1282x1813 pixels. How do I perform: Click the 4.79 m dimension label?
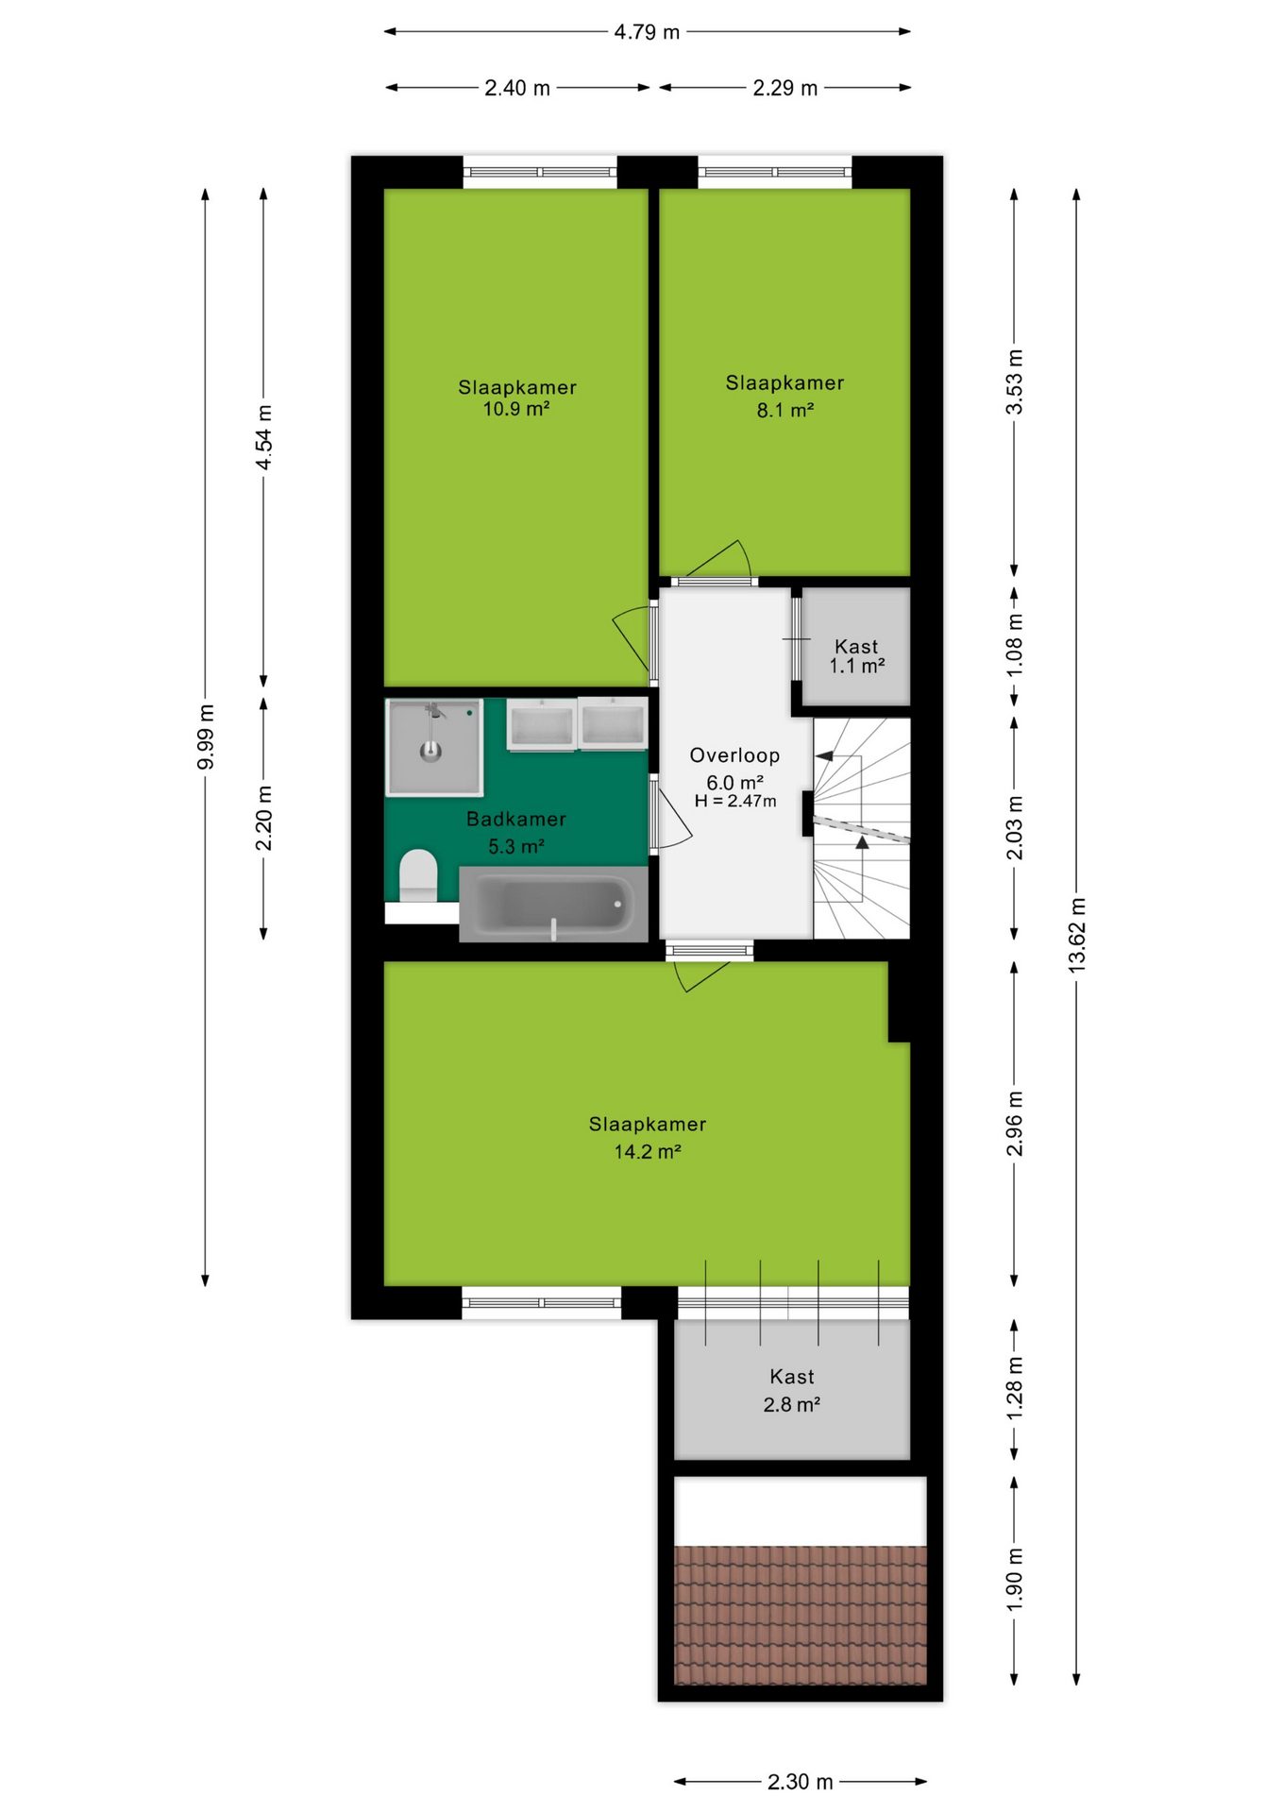(647, 32)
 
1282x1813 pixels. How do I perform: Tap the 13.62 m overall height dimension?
(1077, 935)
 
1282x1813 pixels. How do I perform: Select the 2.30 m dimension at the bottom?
(800, 1782)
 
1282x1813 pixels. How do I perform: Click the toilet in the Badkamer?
(418, 875)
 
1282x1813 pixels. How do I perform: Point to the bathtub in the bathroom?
(553, 904)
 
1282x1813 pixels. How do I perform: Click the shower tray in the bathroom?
(434, 747)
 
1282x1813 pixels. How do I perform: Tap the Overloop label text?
(734, 755)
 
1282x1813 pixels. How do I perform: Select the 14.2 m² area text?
(648, 1151)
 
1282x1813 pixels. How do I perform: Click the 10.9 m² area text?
(516, 409)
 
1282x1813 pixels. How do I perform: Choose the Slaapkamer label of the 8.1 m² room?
(784, 382)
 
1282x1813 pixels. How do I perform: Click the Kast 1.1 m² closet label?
(856, 655)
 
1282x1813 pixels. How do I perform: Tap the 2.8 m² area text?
(791, 1404)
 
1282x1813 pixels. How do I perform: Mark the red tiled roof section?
(801, 1615)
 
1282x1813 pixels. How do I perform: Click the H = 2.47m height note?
(735, 801)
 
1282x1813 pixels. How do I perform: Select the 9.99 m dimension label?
(206, 737)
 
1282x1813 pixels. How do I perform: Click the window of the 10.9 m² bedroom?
(540, 172)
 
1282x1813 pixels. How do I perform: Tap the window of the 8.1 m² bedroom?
(775, 172)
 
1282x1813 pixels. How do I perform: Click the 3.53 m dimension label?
(1015, 381)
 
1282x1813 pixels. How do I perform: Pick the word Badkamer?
(516, 819)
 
